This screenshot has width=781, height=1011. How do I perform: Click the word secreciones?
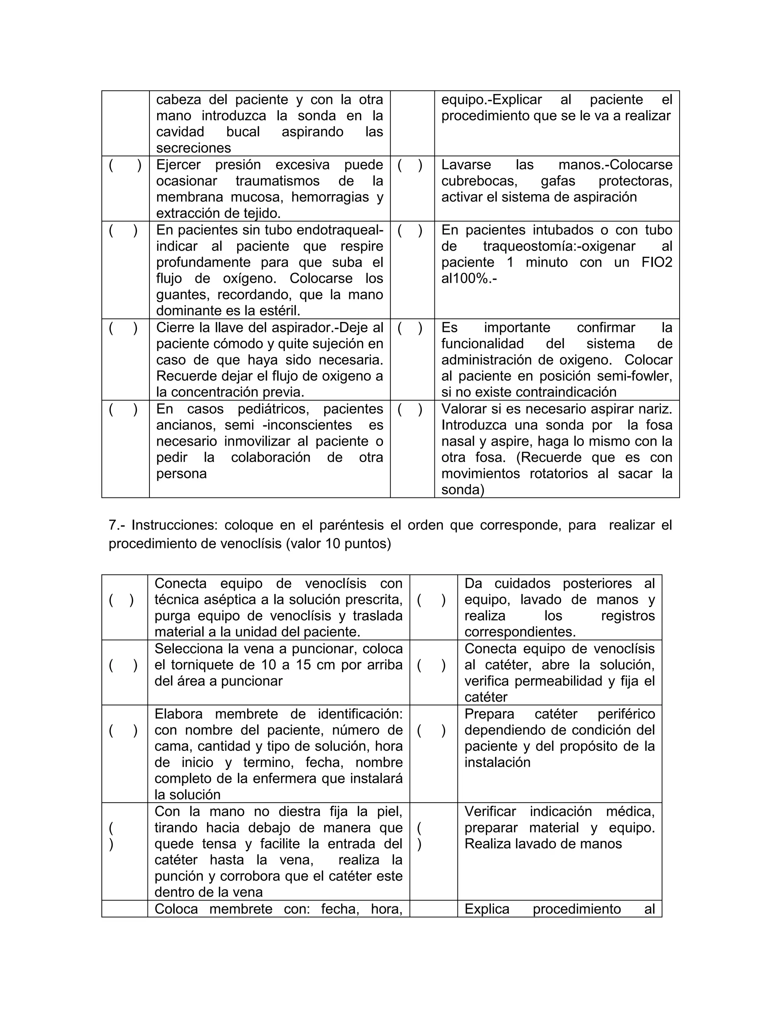point(193,148)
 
